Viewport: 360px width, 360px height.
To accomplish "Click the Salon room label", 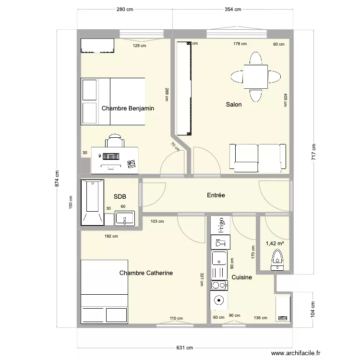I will pos(234,105).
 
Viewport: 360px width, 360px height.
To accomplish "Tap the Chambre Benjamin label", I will pos(128,108).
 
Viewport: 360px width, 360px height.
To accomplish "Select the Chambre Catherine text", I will pos(146,273).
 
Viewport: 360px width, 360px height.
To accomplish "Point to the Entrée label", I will pos(216,195).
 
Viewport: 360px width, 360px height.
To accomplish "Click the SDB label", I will pos(120,197).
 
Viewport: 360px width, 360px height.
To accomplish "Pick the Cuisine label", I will pos(241,277).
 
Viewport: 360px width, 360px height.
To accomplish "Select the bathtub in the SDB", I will pos(92,202).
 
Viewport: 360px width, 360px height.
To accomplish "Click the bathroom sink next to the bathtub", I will pos(125,218).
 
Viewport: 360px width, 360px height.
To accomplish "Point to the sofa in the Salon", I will pos(255,157).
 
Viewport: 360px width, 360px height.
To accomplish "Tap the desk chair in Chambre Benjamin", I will pos(115,141).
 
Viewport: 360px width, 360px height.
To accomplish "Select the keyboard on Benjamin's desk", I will pos(110,156).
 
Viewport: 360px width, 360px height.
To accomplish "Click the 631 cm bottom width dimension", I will pos(184,348).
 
